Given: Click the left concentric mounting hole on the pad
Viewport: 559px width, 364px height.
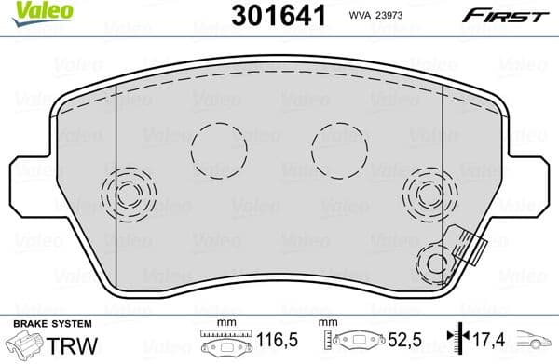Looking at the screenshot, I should [130, 194].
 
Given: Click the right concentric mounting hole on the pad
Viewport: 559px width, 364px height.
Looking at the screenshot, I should [427, 194].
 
